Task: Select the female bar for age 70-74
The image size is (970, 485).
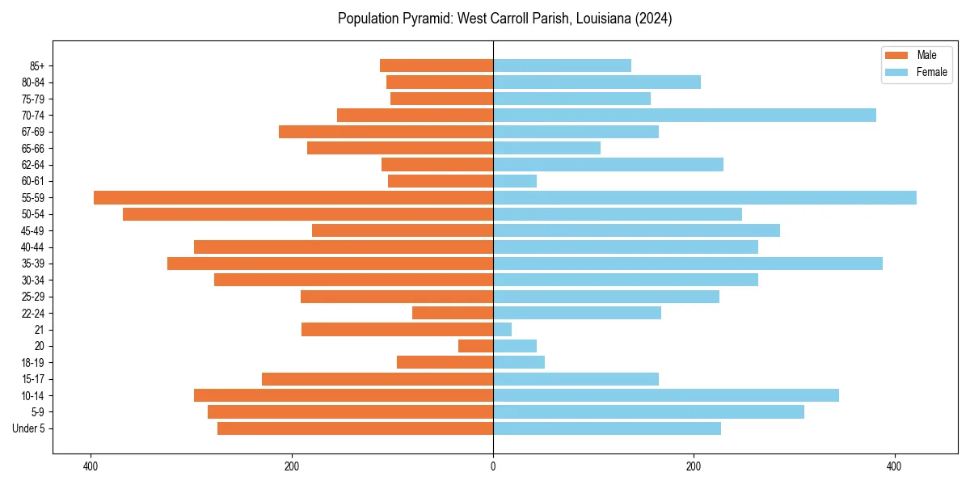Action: pos(684,116)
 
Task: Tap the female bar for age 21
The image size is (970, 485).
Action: pos(502,330)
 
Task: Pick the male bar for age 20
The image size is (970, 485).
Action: pos(475,346)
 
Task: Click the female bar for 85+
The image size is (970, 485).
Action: pos(562,65)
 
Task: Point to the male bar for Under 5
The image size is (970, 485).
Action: pos(355,428)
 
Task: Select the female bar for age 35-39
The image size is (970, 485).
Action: pos(687,264)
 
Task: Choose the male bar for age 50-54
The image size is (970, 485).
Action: pos(308,214)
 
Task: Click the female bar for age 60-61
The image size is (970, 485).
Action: pos(515,181)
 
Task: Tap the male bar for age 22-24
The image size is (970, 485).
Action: pos(453,313)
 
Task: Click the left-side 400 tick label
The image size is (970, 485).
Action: pos(91,467)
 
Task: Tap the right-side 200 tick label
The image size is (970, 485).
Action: pos(694,467)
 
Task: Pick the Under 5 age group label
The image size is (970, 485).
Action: pos(29,428)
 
